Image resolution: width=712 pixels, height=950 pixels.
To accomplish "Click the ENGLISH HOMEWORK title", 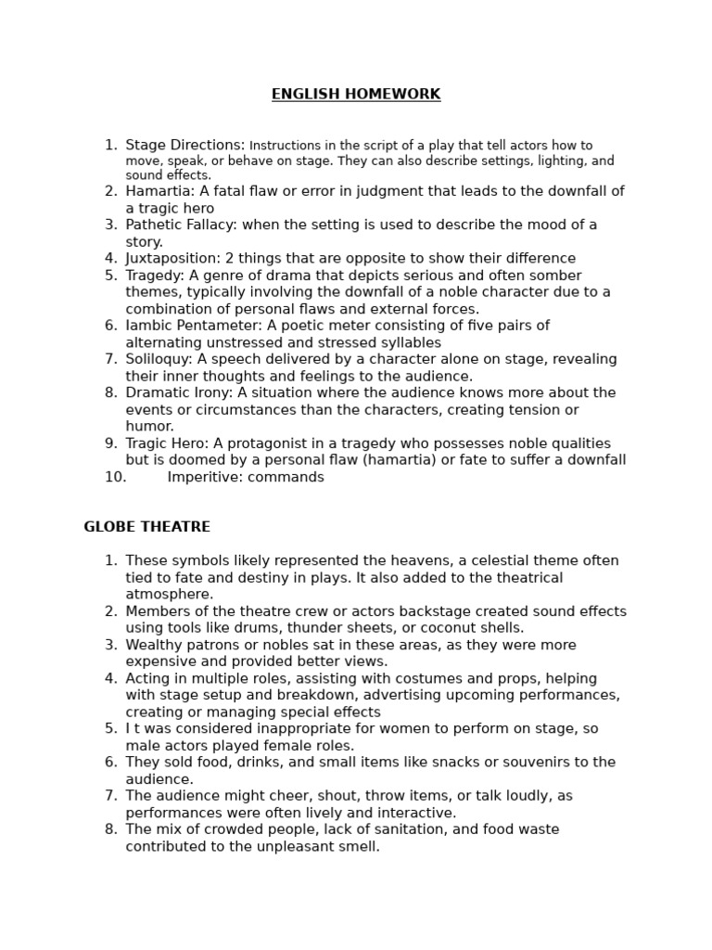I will (x=356, y=95).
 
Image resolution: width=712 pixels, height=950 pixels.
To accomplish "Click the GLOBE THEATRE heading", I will (x=146, y=527).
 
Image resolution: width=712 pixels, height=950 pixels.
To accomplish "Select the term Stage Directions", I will (x=184, y=145).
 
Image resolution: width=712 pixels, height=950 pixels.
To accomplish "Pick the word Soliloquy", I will (x=158, y=359).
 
